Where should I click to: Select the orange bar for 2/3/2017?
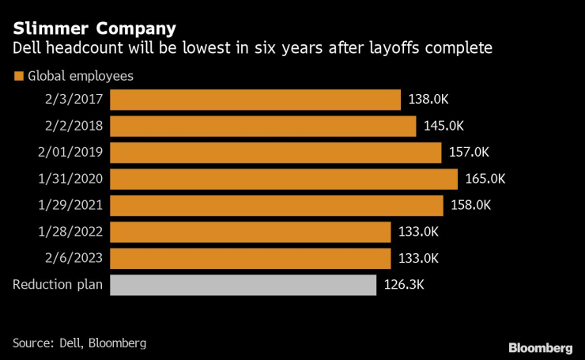point(255,100)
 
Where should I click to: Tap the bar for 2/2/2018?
point(262,127)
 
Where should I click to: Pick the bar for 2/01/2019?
point(275,153)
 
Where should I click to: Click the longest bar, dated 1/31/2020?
point(283,179)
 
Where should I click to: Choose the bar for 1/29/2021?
point(276,206)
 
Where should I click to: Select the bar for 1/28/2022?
point(250,232)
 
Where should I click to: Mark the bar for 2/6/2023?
point(250,259)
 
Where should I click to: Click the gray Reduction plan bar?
point(243,285)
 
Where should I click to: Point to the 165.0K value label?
point(485,179)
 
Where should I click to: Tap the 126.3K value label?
point(404,285)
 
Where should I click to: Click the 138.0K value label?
point(429,100)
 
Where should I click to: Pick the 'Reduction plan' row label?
point(58,285)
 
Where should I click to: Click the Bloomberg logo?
point(540,347)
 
